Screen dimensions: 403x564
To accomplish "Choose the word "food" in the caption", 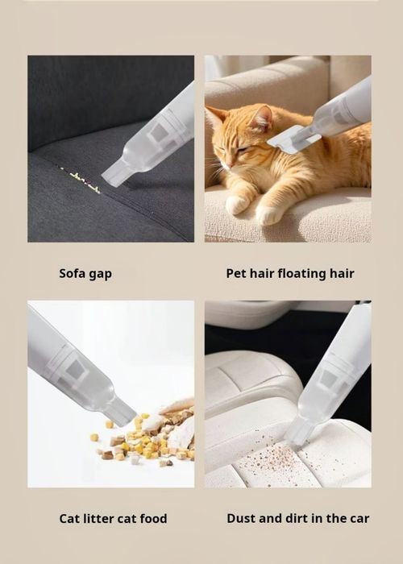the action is pos(154,518).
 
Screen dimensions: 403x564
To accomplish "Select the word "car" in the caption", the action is pos(359,519).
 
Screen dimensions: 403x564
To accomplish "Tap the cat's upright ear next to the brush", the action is pos(263,118).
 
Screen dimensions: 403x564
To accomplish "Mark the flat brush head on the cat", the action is pos(293,139).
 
